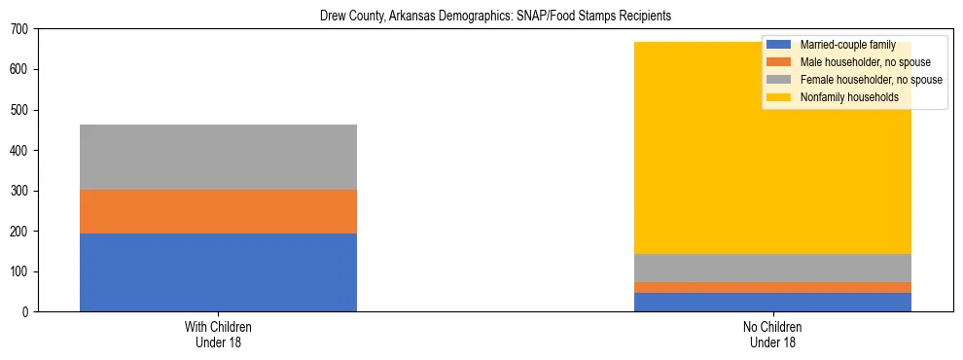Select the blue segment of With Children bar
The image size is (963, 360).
point(218,272)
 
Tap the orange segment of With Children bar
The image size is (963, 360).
point(218,211)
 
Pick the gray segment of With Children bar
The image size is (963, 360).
point(218,157)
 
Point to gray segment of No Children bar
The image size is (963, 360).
point(772,268)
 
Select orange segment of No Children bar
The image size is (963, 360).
point(772,287)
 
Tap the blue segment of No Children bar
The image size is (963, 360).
point(772,302)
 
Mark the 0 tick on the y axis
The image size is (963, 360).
point(31,311)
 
